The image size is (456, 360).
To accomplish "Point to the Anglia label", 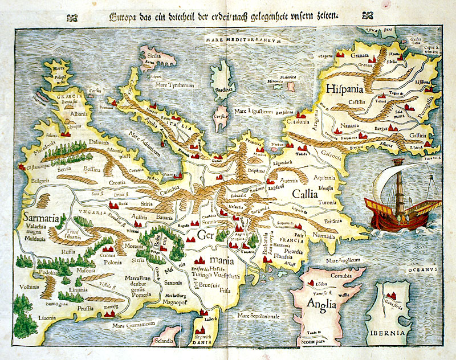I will coord(321,303).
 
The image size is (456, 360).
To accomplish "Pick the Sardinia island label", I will coord(225,89).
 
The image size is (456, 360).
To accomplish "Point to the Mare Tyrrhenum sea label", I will coord(174,84).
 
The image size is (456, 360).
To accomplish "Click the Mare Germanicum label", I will coord(133,325).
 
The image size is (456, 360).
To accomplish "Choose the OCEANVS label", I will coord(427,265).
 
